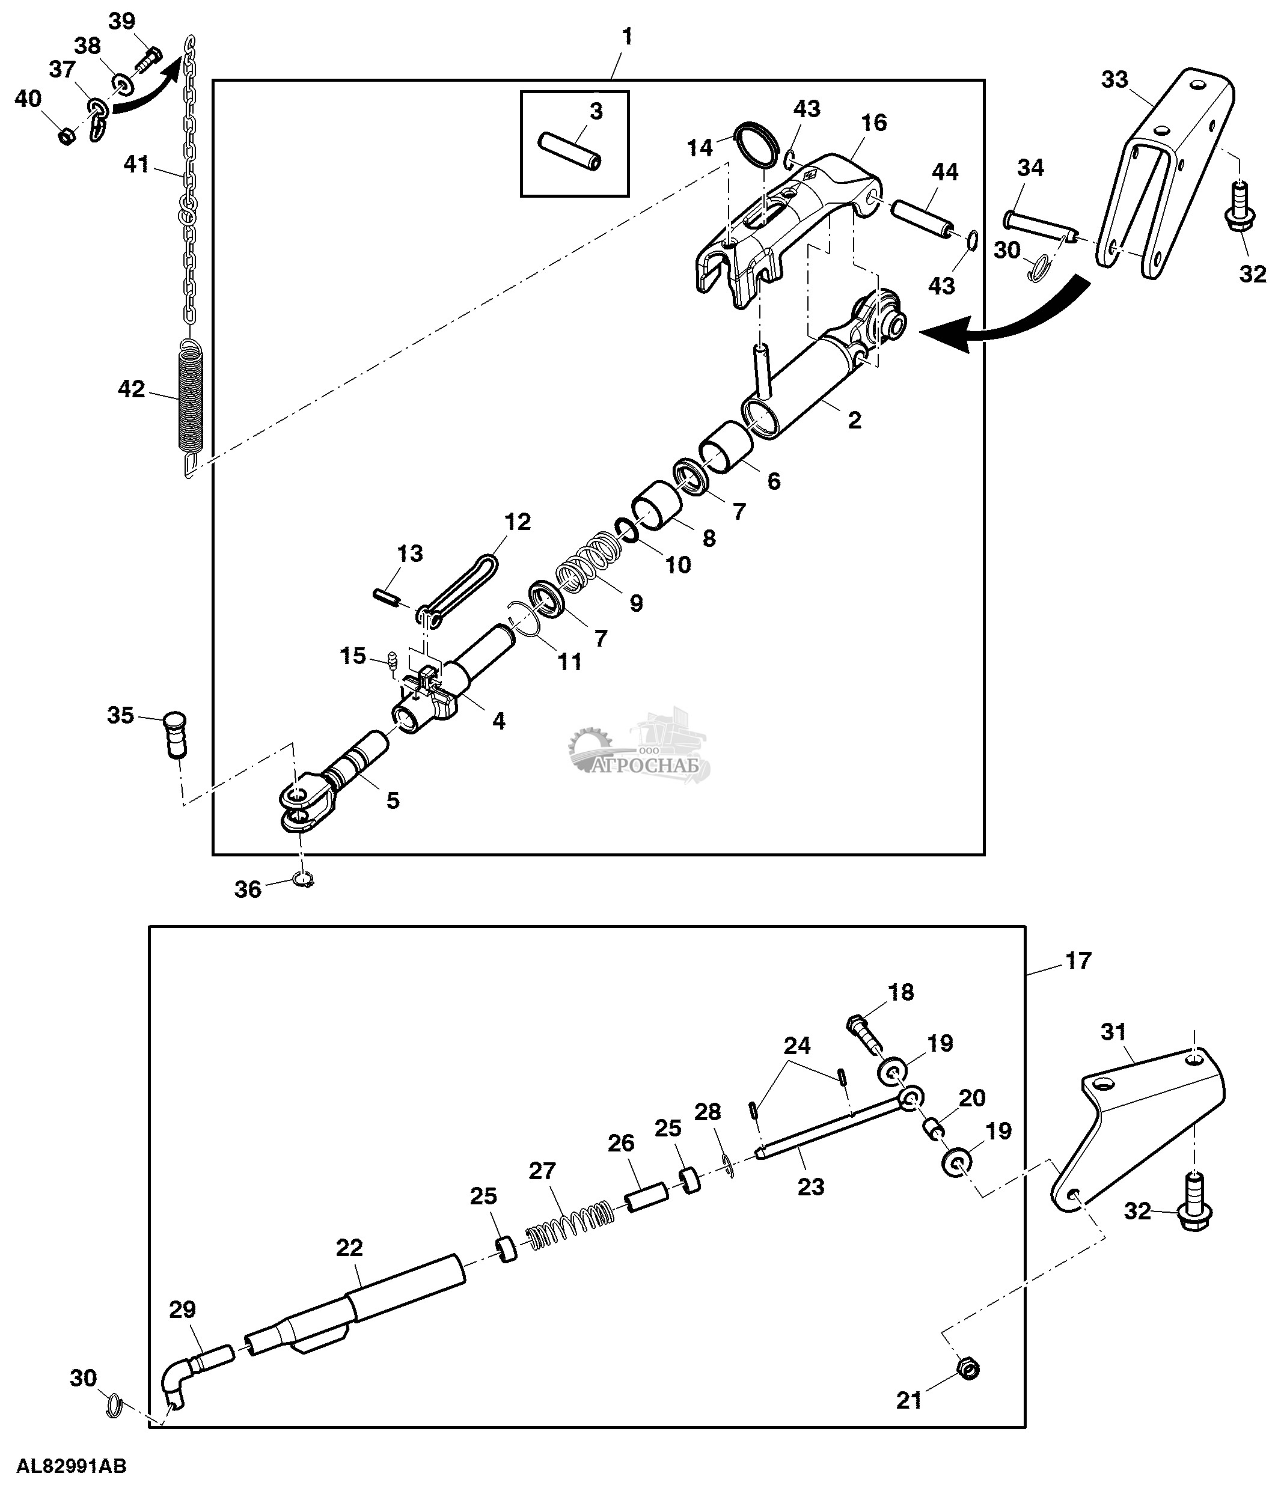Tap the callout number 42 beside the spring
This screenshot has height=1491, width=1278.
click(x=131, y=389)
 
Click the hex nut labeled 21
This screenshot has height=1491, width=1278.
click(x=968, y=1368)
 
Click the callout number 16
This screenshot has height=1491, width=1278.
click(x=873, y=123)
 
